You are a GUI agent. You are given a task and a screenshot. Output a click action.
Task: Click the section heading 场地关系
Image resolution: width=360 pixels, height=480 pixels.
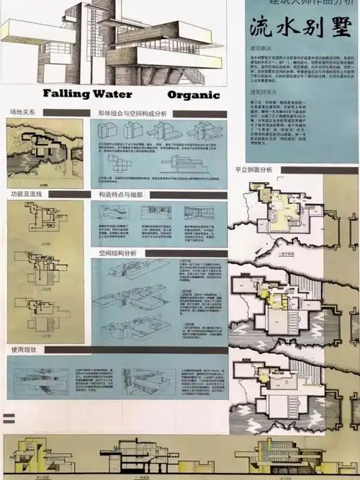23,112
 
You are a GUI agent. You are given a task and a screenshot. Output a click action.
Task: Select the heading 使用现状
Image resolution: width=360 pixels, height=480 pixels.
23,350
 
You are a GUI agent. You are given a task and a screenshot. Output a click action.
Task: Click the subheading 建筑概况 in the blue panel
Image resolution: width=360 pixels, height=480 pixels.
261,48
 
